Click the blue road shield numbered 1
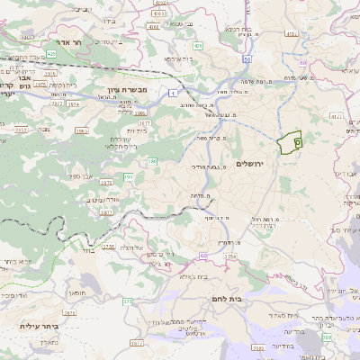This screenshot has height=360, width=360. [172, 93]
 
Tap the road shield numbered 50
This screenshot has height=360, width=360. [247, 58]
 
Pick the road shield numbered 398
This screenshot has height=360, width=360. [325, 335]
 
